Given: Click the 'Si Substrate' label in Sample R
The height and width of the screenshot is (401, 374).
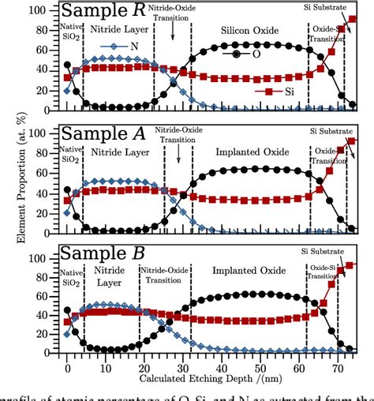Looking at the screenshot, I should click(x=338, y=7).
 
